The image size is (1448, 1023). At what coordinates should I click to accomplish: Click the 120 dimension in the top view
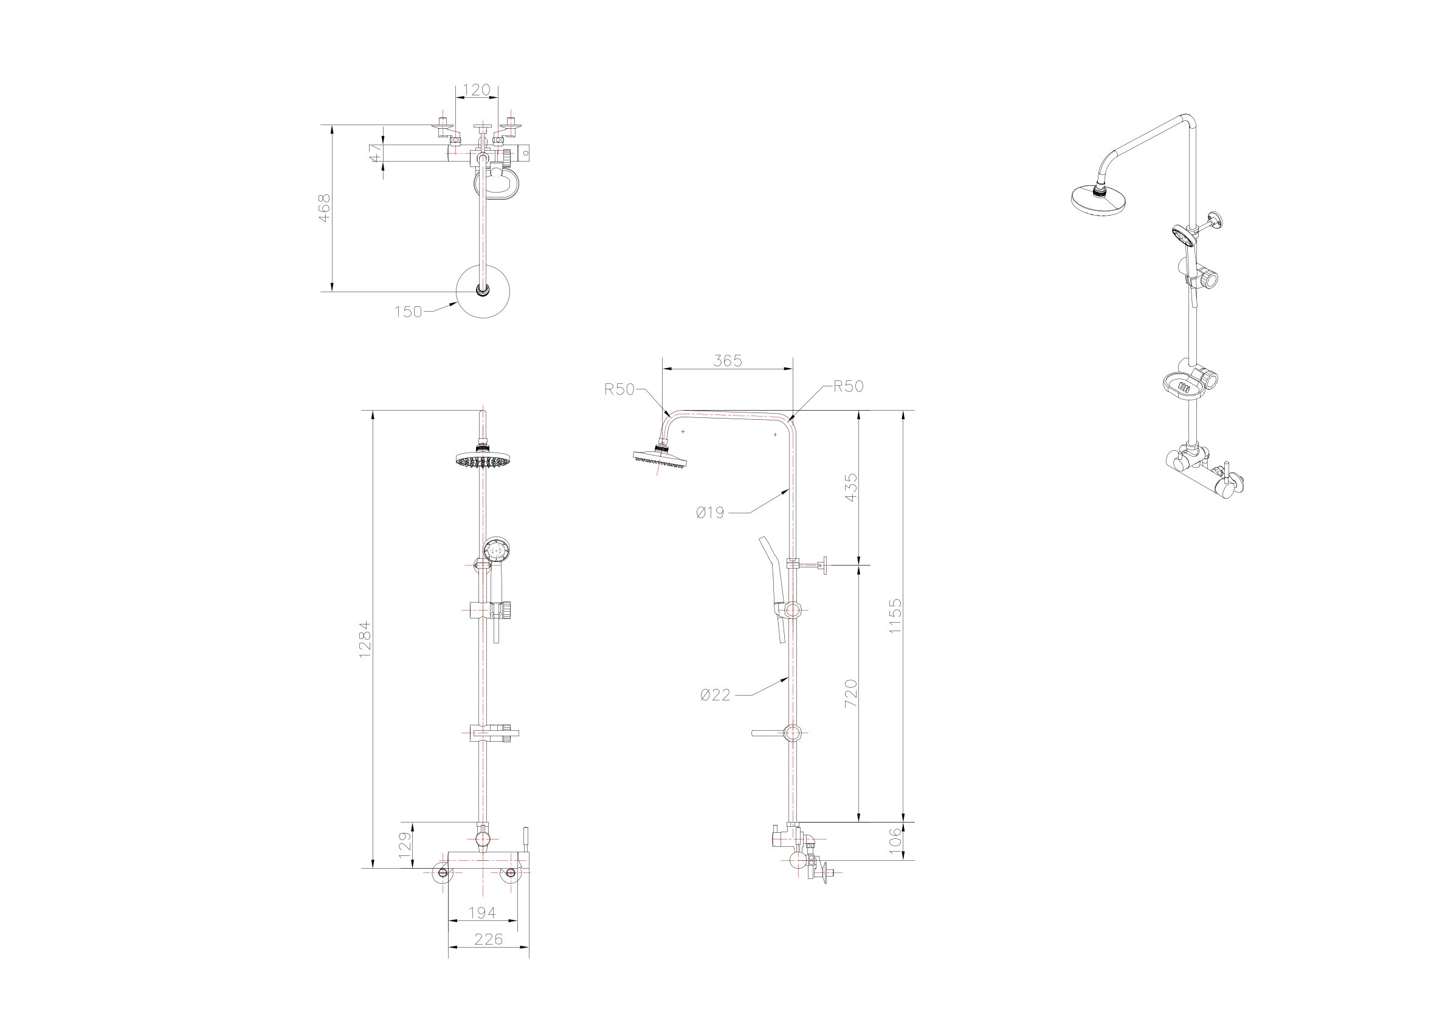476,90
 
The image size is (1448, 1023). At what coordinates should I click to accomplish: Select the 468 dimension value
324,207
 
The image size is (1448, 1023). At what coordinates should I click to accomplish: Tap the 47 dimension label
375,153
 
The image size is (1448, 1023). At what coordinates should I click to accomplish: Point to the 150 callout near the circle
407,312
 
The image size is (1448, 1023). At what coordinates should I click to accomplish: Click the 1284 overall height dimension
365,640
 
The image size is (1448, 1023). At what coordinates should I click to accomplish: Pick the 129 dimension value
405,843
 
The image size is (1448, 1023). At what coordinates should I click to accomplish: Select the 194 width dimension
483,912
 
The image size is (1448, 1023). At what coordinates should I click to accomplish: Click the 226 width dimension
488,939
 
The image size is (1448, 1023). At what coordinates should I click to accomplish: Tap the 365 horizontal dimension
728,360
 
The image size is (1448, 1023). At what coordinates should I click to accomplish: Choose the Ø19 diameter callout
710,513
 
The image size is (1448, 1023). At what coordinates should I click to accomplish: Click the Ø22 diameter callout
715,694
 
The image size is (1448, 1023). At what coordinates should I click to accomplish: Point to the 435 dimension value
851,487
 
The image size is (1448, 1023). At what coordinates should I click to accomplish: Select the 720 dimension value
851,693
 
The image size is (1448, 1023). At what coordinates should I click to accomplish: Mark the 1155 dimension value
895,617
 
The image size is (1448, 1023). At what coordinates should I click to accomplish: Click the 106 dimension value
895,841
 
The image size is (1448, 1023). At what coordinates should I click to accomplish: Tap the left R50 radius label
619,389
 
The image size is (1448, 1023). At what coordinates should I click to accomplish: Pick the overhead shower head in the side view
660,457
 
